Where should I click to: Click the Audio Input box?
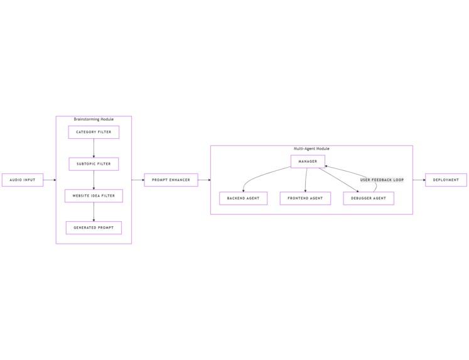point(23,180)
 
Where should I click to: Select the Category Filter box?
point(94,132)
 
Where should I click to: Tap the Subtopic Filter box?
point(94,164)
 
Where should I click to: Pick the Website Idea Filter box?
point(94,196)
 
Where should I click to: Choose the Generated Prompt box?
point(94,227)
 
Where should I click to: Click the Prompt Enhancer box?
point(171,180)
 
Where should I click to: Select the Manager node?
point(308,161)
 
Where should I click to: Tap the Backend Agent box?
point(243,198)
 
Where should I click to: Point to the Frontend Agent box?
point(305,198)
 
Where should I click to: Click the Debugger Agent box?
point(369,198)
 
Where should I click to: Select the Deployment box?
point(446,180)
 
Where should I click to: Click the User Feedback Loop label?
point(382,180)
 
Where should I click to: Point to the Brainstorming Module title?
point(94,119)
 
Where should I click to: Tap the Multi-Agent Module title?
point(311,148)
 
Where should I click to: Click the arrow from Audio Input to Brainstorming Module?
point(50,180)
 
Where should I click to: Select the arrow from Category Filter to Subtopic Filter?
point(94,148)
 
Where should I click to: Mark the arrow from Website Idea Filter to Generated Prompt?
point(94,212)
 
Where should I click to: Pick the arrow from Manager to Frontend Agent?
point(306,180)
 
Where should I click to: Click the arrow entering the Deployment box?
point(419,180)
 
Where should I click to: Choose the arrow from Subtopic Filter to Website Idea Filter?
point(94,180)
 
